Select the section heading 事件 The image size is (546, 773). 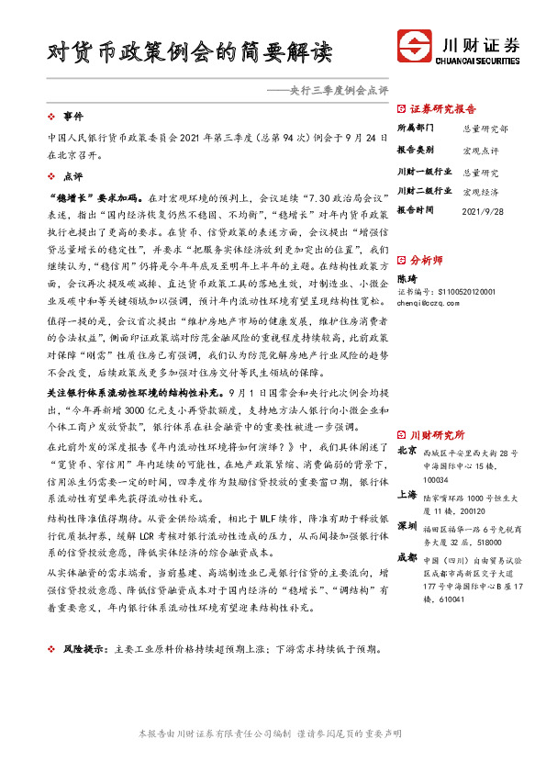72,118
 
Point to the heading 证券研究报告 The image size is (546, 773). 442,107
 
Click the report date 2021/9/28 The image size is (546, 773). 483,211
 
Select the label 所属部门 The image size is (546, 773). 415,129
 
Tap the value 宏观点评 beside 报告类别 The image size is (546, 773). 481,150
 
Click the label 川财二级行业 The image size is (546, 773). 424,191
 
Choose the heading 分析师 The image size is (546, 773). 427,261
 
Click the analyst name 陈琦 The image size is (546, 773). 407,278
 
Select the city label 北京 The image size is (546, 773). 407,451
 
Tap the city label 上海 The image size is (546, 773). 407,493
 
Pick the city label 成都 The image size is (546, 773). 407,556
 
